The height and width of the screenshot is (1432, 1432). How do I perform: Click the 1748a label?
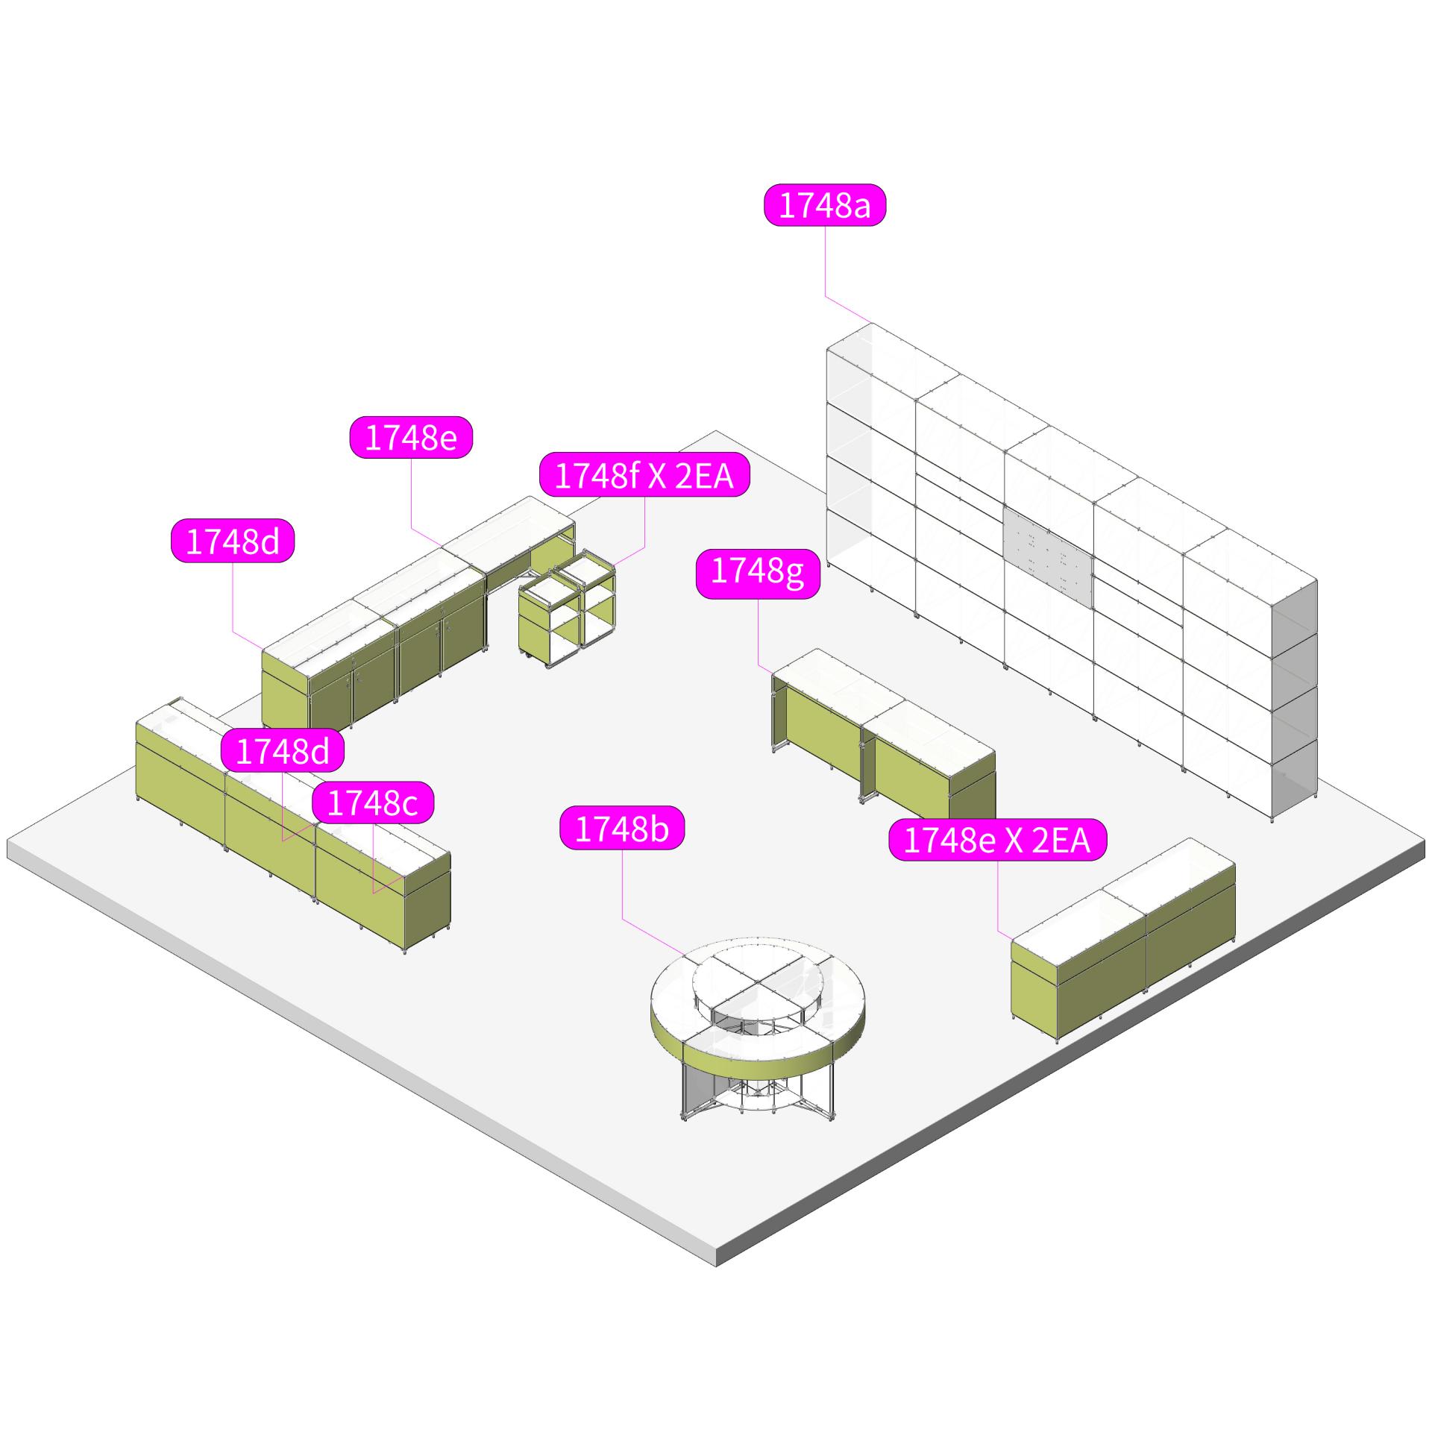pyautogui.click(x=824, y=206)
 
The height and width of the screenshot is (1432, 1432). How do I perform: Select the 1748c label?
pyautogui.click(x=372, y=803)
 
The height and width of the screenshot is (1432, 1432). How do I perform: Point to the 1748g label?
pyautogui.click(x=758, y=572)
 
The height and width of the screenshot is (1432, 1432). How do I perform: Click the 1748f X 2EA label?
pyautogui.click(x=644, y=475)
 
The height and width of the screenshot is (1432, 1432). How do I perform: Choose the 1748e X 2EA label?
pyautogui.click(x=997, y=841)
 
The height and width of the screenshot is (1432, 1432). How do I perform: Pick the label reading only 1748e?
pyautogui.click(x=411, y=438)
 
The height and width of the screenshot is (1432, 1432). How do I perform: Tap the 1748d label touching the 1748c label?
pyautogui.click(x=283, y=751)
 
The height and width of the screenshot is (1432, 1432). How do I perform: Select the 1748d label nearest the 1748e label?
pyautogui.click(x=233, y=541)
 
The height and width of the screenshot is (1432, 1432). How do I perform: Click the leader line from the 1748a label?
pyautogui.click(x=825, y=261)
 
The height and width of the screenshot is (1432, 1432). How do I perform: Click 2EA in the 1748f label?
pyautogui.click(x=704, y=475)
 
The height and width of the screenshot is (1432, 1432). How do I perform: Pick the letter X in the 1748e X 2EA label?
pyautogui.click(x=1013, y=841)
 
